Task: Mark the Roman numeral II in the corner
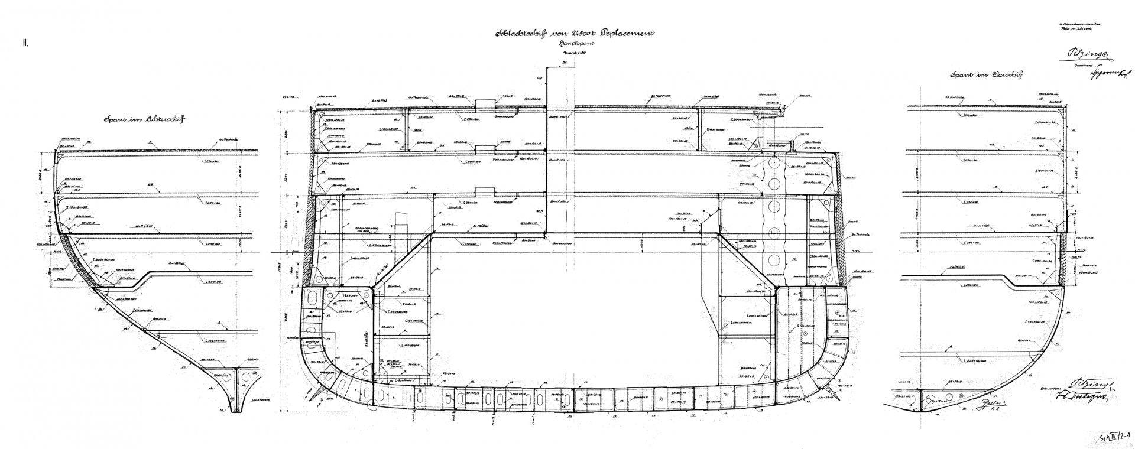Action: tap(27, 43)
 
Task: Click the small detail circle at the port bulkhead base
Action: tap(373, 404)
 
